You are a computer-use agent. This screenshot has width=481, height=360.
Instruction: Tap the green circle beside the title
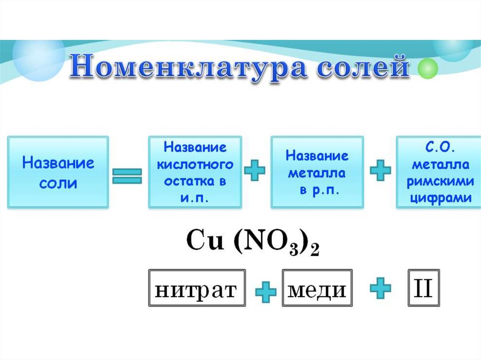428,69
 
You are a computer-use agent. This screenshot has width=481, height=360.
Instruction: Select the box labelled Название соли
58,172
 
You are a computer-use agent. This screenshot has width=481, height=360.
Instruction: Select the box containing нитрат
197,288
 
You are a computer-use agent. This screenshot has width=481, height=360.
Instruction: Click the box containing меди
317,288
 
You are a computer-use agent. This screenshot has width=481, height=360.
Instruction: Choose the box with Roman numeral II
423,288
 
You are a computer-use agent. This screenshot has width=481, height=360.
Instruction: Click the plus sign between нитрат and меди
265,293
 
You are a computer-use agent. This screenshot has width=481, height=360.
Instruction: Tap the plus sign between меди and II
380,287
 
